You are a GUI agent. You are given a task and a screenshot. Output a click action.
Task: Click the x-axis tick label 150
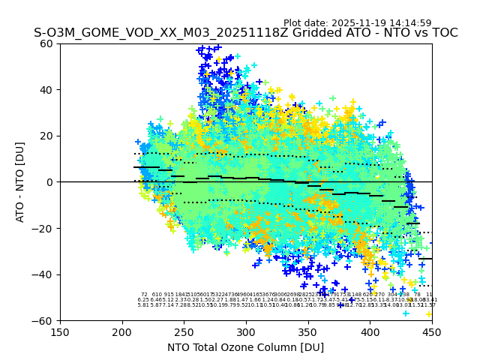[x=60, y=331]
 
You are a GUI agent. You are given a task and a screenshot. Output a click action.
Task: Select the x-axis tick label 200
[x=122, y=331]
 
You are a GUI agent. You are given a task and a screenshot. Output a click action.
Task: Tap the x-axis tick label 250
[x=184, y=331]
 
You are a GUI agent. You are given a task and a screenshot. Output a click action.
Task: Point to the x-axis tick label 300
[x=246, y=331]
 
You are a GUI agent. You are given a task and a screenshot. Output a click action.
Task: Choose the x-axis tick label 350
[x=307, y=331]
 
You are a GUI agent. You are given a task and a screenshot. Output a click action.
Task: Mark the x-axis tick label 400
[x=370, y=331]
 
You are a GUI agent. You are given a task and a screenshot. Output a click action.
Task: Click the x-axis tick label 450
[x=431, y=331]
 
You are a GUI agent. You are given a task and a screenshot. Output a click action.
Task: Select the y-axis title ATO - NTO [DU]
[x=21, y=182]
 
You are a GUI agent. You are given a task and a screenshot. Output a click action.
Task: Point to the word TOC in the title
[x=442, y=33]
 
